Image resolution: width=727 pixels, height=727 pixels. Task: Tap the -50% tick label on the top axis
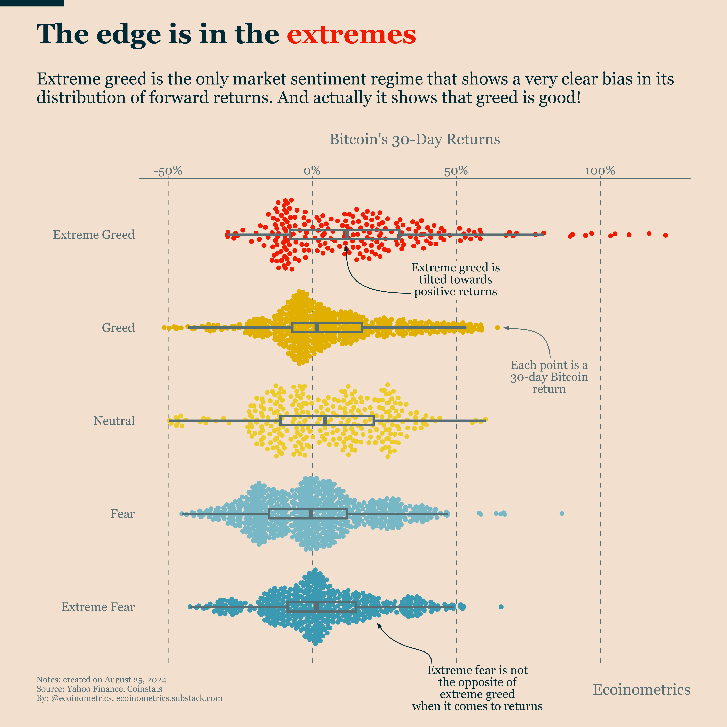[168, 171]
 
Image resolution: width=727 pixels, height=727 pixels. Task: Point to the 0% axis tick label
[312, 171]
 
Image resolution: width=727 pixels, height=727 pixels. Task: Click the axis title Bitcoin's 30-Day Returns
[415, 139]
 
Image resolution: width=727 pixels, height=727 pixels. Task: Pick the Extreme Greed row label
[94, 235]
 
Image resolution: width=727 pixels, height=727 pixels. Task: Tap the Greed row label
[118, 328]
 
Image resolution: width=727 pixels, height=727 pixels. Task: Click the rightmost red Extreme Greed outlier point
[665, 235]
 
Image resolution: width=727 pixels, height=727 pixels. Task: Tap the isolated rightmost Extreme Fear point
[501, 607]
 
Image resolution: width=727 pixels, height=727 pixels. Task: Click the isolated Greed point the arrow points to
[497, 328]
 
